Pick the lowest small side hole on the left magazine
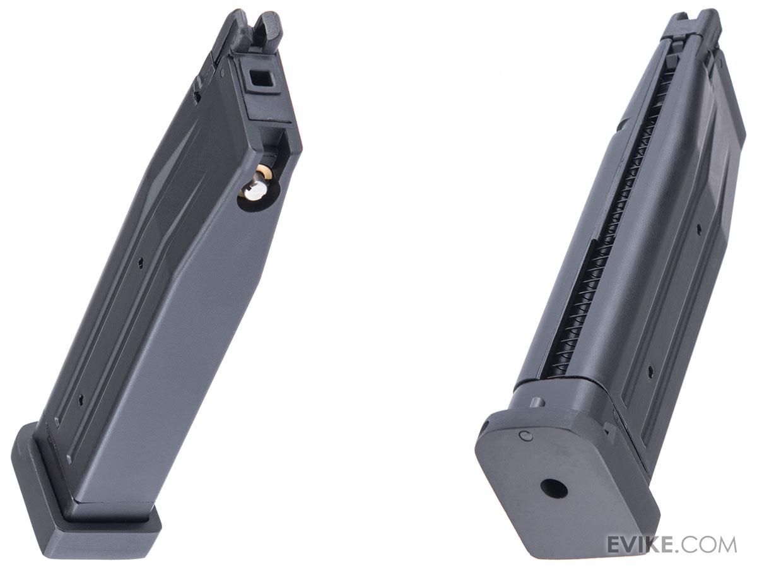pyautogui.click(x=80, y=400)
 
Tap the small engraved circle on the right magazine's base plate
pyautogui.click(x=527, y=436)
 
